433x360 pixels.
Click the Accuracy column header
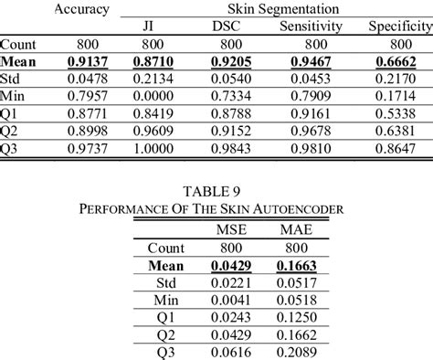82,9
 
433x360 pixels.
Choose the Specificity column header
399,26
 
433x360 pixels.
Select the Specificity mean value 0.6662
399,63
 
